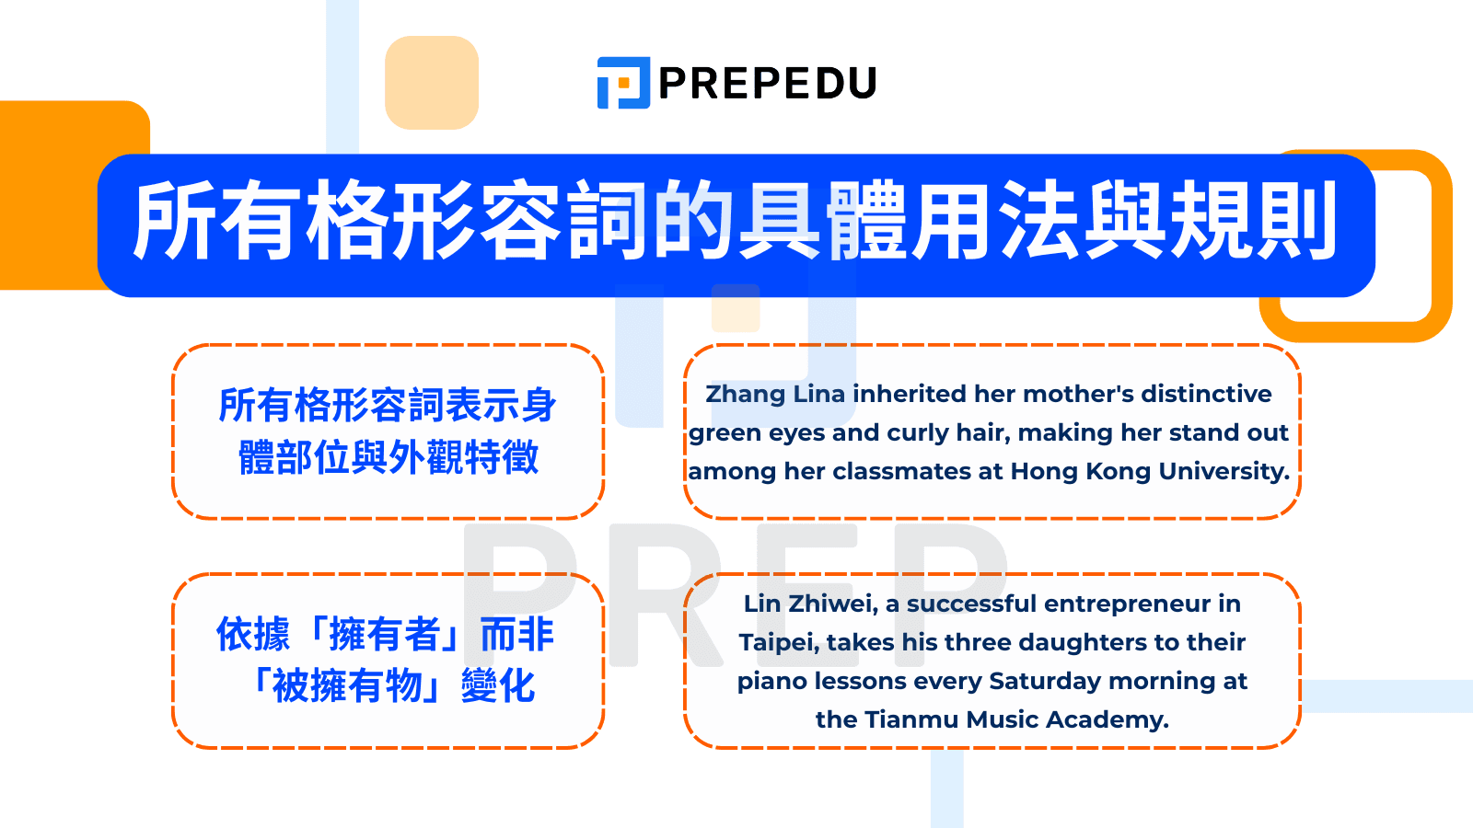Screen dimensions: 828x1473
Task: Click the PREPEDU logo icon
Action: (x=623, y=83)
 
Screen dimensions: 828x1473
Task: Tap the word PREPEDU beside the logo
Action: (x=768, y=84)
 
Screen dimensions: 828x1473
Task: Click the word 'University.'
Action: (x=1224, y=472)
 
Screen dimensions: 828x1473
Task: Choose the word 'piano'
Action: (x=771, y=681)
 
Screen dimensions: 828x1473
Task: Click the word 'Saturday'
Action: (x=1044, y=681)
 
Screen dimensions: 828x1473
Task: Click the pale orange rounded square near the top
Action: (x=432, y=83)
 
